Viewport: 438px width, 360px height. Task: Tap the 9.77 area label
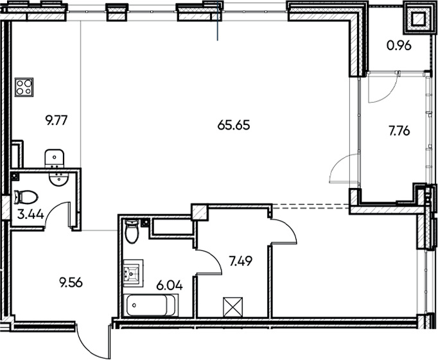point(56,119)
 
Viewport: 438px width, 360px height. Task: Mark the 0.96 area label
point(399,46)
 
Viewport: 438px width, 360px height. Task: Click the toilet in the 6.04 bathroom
point(132,232)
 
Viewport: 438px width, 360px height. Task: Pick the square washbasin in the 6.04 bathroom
point(132,273)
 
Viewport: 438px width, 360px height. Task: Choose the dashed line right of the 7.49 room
point(311,205)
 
